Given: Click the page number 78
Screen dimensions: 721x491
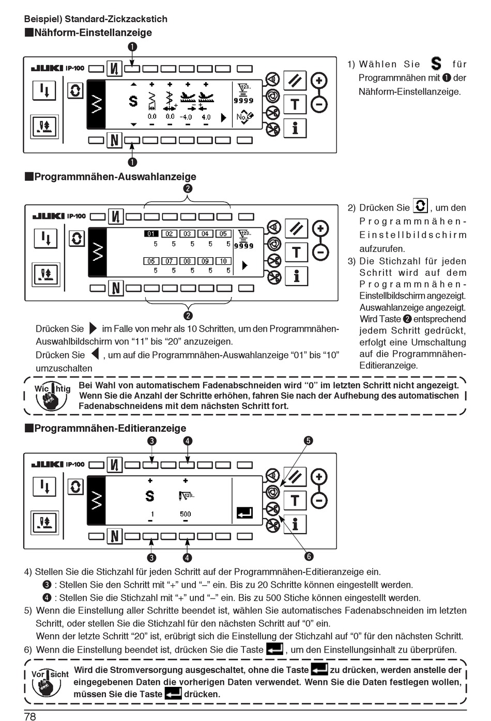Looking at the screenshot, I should pos(30,715).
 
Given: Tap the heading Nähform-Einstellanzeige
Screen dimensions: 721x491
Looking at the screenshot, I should pos(93,33).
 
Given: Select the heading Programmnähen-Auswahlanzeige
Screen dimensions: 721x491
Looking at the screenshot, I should pos(115,177).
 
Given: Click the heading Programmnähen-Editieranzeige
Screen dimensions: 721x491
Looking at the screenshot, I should pos(110,428).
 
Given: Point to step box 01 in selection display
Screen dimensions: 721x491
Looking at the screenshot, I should pos(151,234).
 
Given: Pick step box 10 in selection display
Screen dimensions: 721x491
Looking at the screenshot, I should pos(223,261).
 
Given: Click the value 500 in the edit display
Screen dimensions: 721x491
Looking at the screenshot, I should pos(185,514).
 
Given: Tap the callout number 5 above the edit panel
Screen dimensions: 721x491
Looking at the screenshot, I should pos(308,441).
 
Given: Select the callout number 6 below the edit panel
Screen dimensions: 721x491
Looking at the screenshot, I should pos(309,556).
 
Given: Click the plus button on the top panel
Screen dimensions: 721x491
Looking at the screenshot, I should pos(319,81).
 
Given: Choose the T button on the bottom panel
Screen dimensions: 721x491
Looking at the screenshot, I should pos(295,500).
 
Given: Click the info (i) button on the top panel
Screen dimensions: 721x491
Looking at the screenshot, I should pos(295,128).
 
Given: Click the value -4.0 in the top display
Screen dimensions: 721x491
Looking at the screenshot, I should pos(186,117).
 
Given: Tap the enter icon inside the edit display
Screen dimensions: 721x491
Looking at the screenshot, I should pos(245,513).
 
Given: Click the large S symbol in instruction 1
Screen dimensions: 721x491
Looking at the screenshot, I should pos(436,64).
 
